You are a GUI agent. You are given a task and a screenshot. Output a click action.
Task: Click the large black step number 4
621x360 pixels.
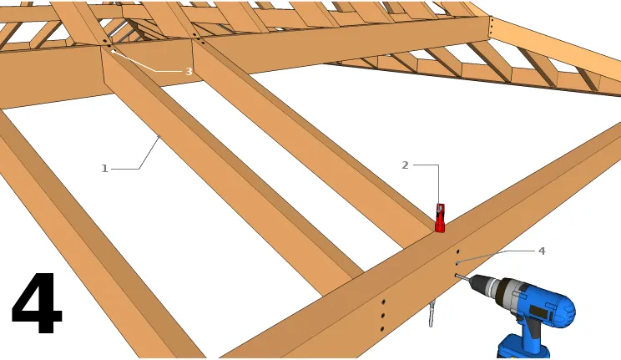(x=37, y=303)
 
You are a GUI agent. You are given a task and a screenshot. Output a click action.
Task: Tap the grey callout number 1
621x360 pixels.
(x=104, y=169)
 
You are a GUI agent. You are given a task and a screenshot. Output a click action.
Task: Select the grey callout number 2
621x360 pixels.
(x=405, y=165)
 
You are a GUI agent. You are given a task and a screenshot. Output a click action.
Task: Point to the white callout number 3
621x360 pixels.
(x=189, y=71)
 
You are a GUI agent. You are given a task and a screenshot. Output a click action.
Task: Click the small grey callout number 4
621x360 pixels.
(x=542, y=251)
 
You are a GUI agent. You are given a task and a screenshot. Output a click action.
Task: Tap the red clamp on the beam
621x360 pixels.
(x=440, y=218)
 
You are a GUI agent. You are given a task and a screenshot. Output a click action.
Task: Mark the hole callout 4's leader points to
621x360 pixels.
(x=457, y=263)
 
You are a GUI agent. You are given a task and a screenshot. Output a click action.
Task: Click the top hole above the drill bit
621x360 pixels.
(x=458, y=251)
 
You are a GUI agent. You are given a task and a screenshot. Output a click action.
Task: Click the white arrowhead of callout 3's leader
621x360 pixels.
(x=113, y=52)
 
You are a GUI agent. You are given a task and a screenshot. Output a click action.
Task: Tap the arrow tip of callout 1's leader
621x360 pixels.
(x=159, y=137)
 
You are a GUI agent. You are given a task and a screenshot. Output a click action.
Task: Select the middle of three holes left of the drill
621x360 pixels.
(x=382, y=316)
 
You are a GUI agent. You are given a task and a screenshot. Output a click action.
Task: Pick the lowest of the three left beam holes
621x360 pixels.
(x=381, y=329)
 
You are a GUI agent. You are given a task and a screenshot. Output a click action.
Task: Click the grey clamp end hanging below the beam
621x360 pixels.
(x=432, y=313)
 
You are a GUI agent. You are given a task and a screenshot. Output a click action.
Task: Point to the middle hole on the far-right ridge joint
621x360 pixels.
(x=491, y=26)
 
